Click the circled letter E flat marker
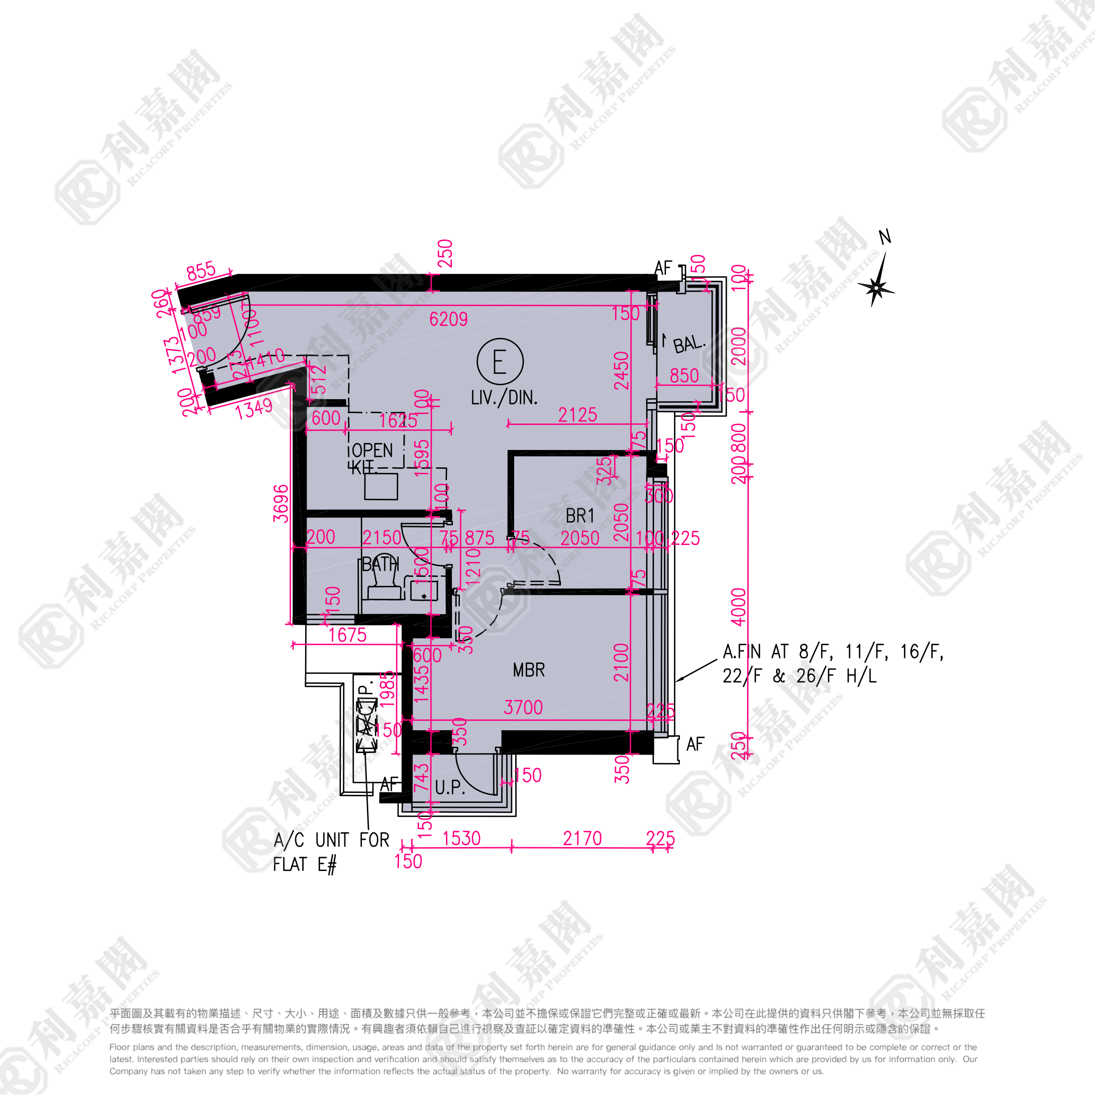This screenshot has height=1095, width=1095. tap(499, 362)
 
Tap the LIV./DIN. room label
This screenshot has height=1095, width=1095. tap(504, 398)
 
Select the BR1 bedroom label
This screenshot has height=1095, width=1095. tap(580, 516)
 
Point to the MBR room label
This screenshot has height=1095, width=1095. tap(528, 670)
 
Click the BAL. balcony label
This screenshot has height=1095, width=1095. tap(689, 344)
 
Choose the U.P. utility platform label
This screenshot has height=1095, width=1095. tap(450, 787)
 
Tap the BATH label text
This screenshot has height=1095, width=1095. tap(380, 564)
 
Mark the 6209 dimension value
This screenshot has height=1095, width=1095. tap(448, 320)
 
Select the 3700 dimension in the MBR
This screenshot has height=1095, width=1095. tap(523, 707)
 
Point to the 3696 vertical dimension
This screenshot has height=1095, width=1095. tap(281, 503)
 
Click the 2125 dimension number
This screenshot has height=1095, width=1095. tap(577, 416)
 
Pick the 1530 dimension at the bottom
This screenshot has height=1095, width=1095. tap(461, 838)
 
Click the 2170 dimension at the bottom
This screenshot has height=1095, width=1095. tap(582, 838)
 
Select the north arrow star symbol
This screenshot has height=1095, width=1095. tap(876, 287)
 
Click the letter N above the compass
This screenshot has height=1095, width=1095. tap(885, 237)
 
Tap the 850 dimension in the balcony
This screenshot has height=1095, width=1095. tap(684, 376)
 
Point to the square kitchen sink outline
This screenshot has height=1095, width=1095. tap(381, 486)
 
